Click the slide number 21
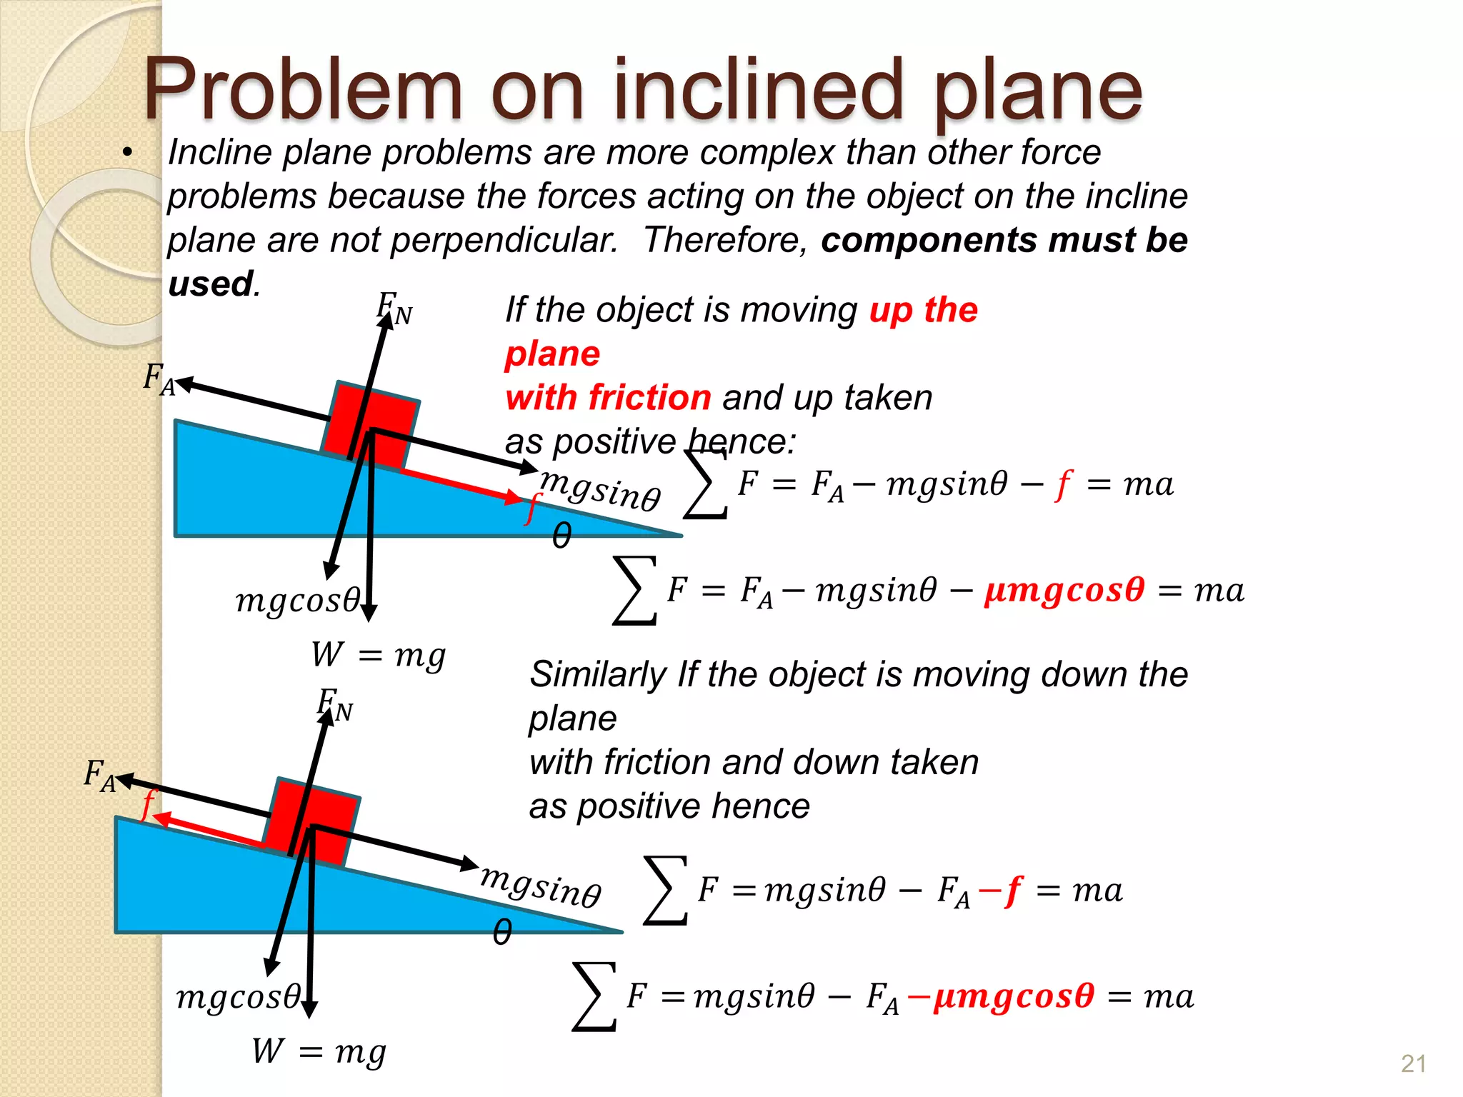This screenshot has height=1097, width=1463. click(1413, 1064)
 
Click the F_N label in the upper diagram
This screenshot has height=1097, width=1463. click(394, 309)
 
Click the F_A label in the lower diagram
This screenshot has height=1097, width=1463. click(99, 776)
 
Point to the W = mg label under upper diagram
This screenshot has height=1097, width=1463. click(378, 655)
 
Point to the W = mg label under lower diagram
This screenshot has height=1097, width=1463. click(319, 1052)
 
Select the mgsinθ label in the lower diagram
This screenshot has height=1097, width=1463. click(541, 886)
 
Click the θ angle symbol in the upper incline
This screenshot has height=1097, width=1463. click(562, 536)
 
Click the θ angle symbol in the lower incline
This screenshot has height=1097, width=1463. click(502, 933)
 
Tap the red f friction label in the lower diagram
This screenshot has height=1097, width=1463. click(148, 804)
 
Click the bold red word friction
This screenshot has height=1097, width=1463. click(650, 398)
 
